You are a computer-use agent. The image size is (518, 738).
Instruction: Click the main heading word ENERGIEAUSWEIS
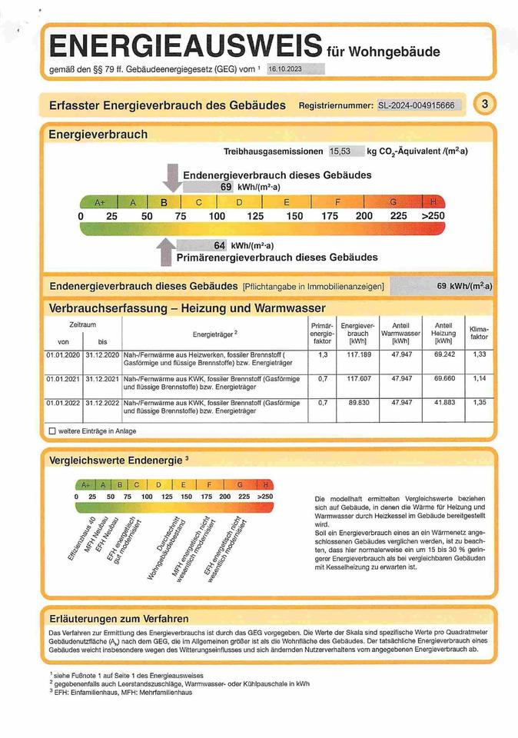point(184,45)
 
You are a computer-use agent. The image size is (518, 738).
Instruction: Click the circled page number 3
point(484,105)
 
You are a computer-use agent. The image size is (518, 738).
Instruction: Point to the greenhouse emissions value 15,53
point(340,151)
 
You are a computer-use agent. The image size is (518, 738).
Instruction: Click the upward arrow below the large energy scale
point(165,251)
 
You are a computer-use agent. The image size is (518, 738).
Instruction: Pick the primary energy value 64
point(219,245)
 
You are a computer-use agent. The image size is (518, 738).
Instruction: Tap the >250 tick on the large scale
point(433,216)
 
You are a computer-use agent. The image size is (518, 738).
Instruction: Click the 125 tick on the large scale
point(255,216)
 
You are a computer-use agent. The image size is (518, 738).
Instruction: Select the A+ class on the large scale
point(99,202)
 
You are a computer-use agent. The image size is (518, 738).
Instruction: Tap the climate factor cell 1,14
point(478,379)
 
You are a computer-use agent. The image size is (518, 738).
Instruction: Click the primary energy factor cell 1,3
point(322,355)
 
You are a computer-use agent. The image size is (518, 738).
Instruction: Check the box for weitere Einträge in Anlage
point(52,431)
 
